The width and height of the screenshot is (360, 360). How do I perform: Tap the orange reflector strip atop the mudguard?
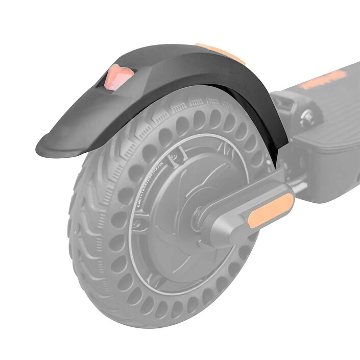221,53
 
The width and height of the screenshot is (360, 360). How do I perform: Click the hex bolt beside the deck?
308,118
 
